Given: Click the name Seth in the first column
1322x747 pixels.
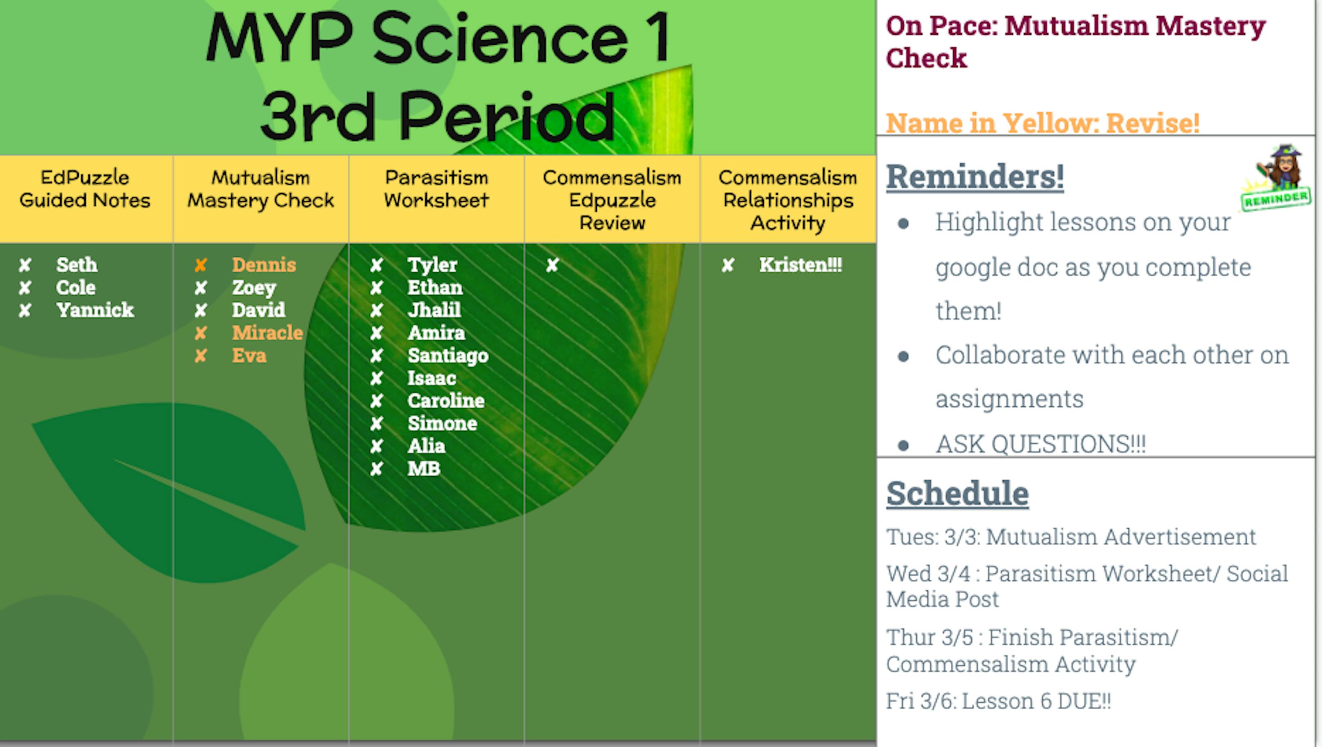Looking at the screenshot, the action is (76, 265).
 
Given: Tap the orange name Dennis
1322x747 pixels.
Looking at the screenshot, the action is (264, 265).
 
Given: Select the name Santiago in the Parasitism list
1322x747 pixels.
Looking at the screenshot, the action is (448, 355).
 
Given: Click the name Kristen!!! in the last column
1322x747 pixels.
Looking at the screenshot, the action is (801, 265).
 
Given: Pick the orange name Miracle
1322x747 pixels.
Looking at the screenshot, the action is (267, 333).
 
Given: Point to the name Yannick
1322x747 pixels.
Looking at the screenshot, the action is (95, 310).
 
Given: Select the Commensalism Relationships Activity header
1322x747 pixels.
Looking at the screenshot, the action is (788, 200).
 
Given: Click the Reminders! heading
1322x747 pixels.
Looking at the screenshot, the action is (975, 176).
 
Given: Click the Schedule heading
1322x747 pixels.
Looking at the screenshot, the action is (957, 494).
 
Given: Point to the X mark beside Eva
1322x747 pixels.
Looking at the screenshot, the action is (201, 355).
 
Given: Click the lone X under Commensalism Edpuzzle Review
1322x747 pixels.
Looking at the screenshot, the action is (552, 265).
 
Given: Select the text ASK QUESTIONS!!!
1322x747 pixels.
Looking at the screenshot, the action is (1040, 444).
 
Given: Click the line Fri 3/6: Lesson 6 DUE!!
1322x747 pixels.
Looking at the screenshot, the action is (998, 701).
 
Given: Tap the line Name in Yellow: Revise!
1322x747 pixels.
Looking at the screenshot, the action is (1042, 123).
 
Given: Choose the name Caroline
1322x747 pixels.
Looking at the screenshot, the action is (445, 401).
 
